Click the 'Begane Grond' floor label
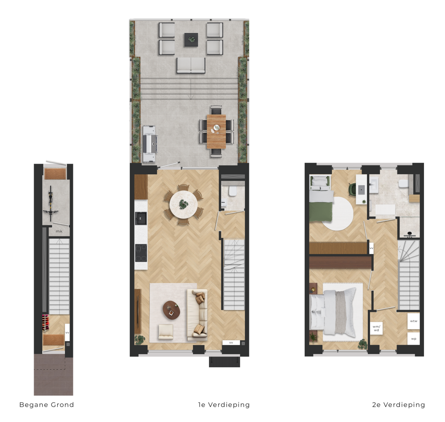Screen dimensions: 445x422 tap(46, 405)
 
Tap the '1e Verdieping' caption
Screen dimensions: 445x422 tap(224, 405)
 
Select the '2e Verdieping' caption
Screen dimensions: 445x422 tap(399, 405)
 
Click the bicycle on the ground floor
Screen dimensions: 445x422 tap(51, 203)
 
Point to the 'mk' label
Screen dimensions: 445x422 tap(59, 231)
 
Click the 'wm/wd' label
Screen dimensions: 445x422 tap(376, 328)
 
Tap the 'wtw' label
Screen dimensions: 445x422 tap(413, 321)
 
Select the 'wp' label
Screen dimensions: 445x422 tap(413, 339)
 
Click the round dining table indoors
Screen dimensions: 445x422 tap(183, 204)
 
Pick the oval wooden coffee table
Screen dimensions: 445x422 tap(172, 310)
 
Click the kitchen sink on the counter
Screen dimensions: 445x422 tap(141, 218)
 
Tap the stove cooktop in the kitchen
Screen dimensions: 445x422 tap(141, 253)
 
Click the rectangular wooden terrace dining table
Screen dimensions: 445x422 tap(216, 131)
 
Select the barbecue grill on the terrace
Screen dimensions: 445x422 tap(150, 144)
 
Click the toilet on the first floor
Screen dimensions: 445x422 tap(233, 191)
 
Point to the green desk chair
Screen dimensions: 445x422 tap(353, 189)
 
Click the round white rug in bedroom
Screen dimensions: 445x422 tap(338, 214)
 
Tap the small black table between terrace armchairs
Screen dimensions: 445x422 tap(191, 40)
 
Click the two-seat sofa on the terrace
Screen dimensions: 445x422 tap(191, 65)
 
